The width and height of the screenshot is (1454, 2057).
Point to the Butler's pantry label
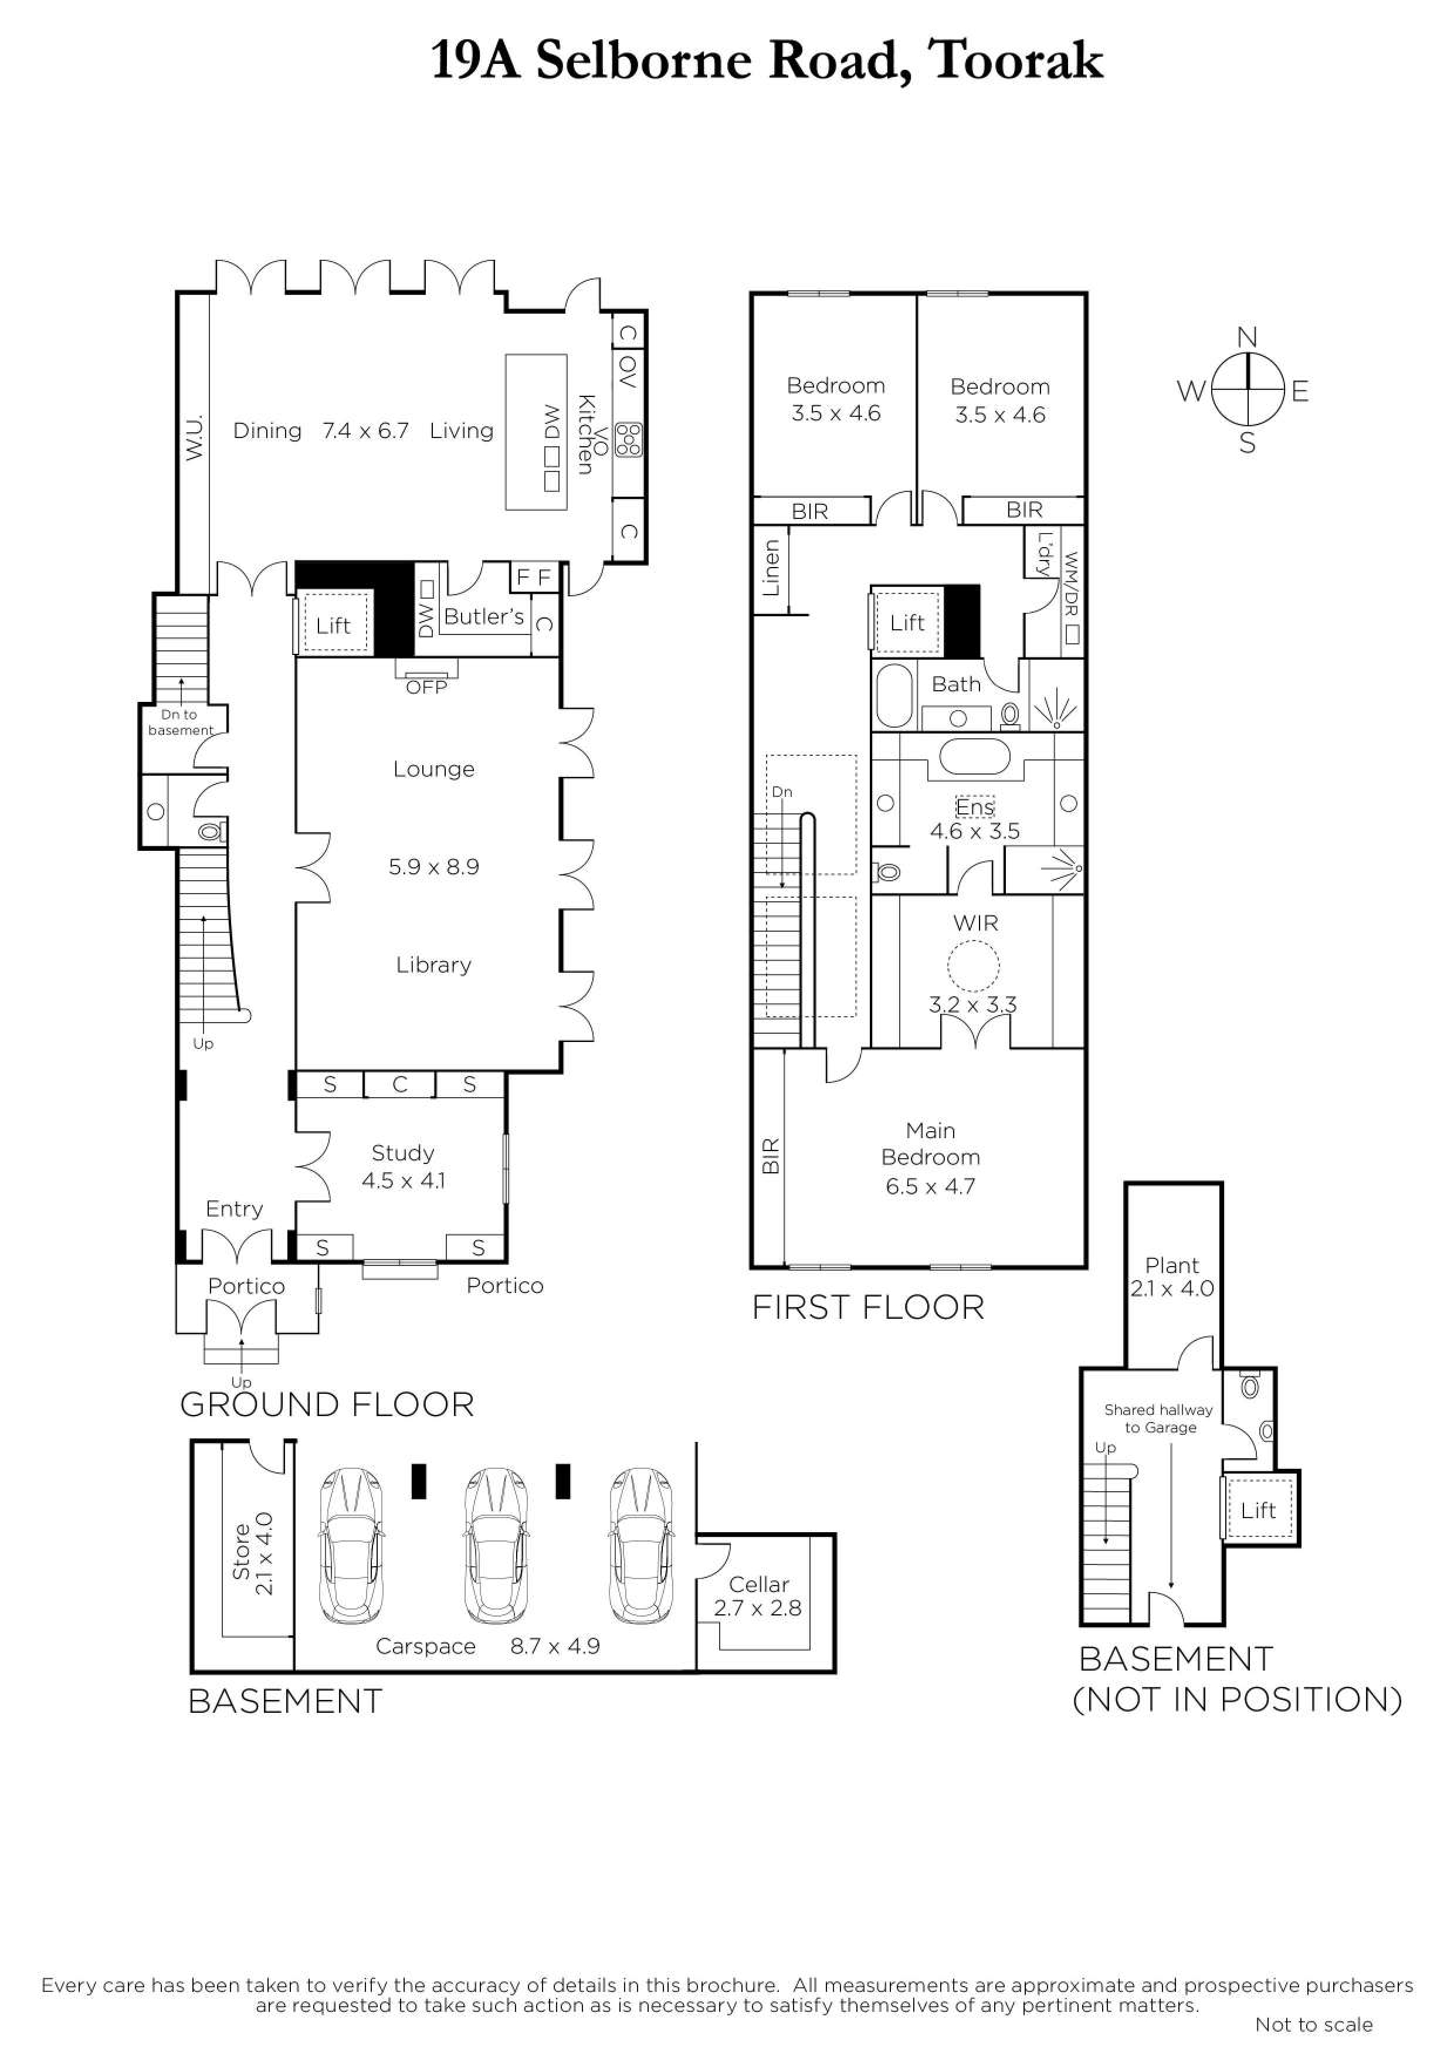(x=484, y=616)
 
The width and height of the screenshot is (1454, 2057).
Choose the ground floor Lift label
(x=333, y=625)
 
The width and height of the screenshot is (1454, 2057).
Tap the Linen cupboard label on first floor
(x=771, y=568)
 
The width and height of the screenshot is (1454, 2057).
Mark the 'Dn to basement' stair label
(x=181, y=722)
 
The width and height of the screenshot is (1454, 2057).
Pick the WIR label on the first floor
(x=975, y=923)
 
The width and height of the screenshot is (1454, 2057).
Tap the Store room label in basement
(x=241, y=1552)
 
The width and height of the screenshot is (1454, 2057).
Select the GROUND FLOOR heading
(x=327, y=1404)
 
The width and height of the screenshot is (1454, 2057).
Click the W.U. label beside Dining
(x=194, y=437)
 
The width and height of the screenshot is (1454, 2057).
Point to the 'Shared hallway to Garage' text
(x=1159, y=1418)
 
